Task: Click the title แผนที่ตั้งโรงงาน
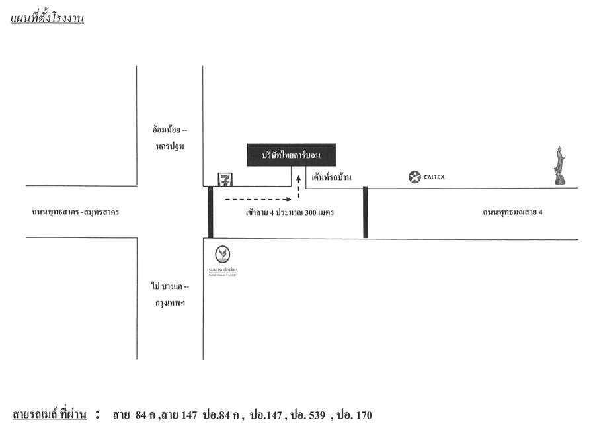pos(47,19)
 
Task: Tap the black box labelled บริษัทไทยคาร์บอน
pos(291,155)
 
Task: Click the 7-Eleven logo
pos(226,179)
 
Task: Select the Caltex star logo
pos(415,177)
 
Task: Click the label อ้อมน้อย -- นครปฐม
pos(170,138)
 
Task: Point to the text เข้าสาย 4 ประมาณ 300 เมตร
pos(289,213)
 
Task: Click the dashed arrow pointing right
pos(258,198)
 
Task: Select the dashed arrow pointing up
pos(298,186)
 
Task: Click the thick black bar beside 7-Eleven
pos(210,212)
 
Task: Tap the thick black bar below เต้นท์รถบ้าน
pos(365,212)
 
